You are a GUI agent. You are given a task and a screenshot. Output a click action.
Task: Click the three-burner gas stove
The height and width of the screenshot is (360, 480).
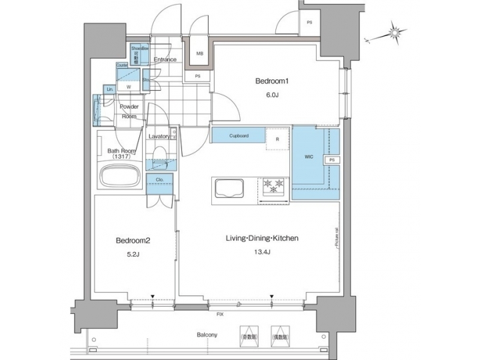(x=274, y=187)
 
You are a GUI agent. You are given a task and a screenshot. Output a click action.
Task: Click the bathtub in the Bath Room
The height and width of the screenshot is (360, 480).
(x=119, y=177)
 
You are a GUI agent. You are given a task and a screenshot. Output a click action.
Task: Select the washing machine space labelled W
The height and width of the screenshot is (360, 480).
(x=128, y=85)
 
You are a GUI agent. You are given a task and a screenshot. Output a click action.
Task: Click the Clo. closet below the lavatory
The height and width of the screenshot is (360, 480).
(x=160, y=183)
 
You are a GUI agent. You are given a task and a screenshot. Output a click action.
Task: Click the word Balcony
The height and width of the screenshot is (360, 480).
(x=208, y=334)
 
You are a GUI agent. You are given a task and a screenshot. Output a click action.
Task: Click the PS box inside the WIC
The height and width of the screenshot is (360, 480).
(x=331, y=161)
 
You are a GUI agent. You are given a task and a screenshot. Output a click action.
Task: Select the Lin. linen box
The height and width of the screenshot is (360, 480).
(x=109, y=89)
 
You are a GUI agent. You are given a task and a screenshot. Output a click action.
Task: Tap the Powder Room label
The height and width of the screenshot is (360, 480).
(x=129, y=111)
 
